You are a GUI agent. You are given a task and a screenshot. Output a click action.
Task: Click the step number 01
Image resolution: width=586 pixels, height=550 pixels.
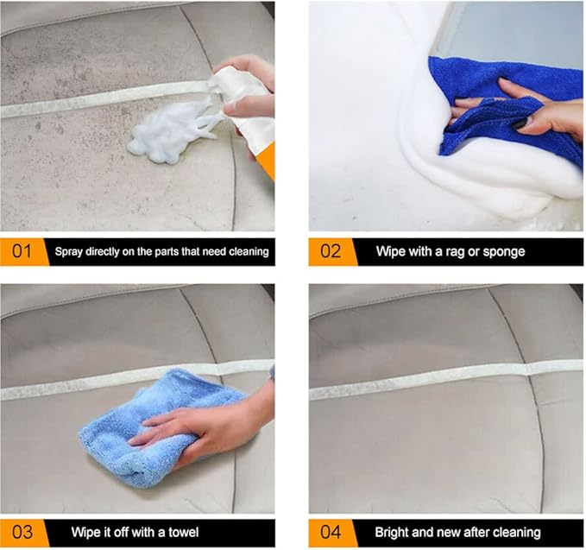(x=21, y=252)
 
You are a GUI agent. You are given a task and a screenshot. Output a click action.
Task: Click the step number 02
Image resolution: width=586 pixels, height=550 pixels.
(x=331, y=252)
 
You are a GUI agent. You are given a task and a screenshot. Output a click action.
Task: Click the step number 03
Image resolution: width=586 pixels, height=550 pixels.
(x=21, y=532)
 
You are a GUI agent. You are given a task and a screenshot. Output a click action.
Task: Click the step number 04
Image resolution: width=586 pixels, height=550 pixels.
(x=331, y=532)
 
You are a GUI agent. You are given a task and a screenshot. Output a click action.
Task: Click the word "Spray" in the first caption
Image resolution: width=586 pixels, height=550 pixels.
(x=71, y=252)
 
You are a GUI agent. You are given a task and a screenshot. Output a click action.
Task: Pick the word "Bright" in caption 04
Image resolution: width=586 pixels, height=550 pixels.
(x=393, y=532)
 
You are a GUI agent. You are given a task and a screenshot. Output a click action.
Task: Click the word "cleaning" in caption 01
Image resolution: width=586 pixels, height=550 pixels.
(x=247, y=252)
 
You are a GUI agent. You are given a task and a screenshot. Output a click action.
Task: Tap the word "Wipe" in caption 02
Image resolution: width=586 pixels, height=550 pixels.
(x=391, y=252)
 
